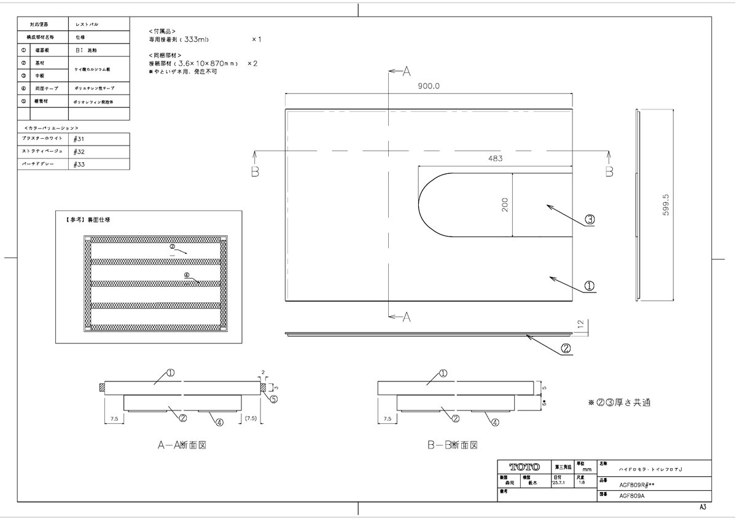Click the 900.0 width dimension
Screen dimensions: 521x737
429,87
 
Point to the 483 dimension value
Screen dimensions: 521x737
496,159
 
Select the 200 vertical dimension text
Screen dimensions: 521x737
505,205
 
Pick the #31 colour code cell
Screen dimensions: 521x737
79,139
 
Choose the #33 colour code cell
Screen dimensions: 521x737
79,165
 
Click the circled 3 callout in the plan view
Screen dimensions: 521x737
589,219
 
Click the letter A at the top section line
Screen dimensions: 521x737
405,72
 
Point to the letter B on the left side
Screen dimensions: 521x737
254,172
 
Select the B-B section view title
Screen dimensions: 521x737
453,445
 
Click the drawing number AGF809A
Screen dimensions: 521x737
631,496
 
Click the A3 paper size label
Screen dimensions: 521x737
703,507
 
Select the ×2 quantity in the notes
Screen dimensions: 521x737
252,63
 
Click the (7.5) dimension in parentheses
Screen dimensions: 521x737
251,418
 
